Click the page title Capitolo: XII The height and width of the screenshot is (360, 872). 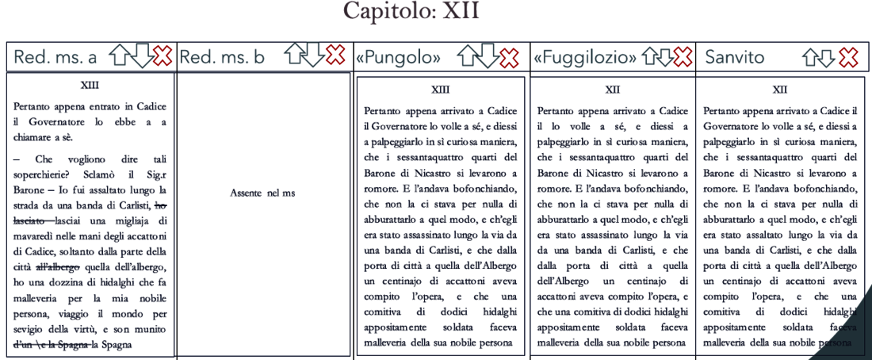point(411,13)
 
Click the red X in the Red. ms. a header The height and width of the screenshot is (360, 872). point(163,56)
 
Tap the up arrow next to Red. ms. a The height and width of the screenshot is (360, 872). point(118,56)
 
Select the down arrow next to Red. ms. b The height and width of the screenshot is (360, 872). point(315,56)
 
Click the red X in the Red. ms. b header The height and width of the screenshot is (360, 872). point(336,56)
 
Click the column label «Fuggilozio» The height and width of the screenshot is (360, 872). point(585,57)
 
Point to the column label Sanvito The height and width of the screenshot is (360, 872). point(735,57)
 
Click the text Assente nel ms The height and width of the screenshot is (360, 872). point(262,193)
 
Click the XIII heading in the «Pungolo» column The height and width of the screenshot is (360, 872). point(440,90)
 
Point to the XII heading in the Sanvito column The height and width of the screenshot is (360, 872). point(779,90)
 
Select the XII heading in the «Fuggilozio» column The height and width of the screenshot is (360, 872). point(613,90)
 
